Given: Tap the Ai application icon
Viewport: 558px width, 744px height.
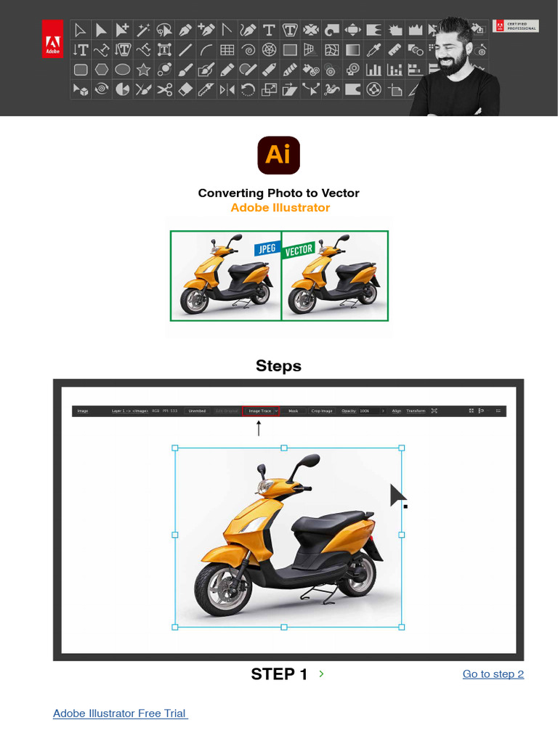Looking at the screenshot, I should click(x=278, y=155).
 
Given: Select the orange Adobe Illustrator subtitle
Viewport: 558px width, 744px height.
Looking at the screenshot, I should click(x=280, y=208).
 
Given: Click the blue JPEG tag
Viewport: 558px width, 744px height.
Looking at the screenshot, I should click(x=265, y=248).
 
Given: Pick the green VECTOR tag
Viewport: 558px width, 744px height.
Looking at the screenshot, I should click(x=298, y=251).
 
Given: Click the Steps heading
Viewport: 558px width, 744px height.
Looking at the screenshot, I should click(x=278, y=365).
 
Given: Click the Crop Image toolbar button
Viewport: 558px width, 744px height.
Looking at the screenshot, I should click(x=322, y=411).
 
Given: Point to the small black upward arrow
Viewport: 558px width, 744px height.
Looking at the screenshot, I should click(x=259, y=428).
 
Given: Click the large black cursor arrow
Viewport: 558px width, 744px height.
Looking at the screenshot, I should click(x=397, y=496).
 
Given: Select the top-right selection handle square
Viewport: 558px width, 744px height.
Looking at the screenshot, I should click(x=402, y=448).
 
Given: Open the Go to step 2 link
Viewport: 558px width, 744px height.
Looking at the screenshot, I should click(x=493, y=674).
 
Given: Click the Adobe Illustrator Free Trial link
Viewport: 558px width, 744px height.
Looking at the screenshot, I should click(x=120, y=713).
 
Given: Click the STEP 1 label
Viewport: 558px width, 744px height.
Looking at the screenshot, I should click(x=279, y=674).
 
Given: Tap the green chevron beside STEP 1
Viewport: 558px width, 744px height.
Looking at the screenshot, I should click(x=321, y=674).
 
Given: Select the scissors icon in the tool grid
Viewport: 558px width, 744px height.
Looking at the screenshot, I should click(x=165, y=90).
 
